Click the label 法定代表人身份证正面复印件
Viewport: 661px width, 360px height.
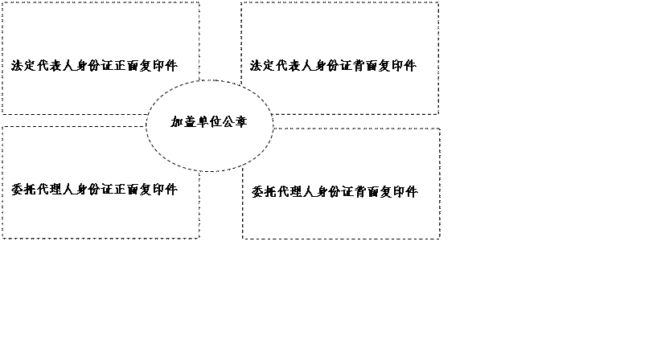(94, 66)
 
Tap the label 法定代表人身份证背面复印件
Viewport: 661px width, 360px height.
(333, 66)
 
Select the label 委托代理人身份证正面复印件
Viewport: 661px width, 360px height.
(94, 190)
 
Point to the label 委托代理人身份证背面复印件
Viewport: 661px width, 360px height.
(335, 192)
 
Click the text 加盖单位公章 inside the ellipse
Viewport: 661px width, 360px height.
(208, 121)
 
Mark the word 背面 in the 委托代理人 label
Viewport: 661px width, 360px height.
(367, 192)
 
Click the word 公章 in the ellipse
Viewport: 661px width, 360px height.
(234, 121)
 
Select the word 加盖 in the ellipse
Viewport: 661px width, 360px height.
(183, 121)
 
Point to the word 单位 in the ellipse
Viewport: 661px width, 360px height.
(208, 121)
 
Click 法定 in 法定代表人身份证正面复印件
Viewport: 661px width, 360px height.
(23, 66)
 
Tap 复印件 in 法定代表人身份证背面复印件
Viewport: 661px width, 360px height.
(397, 66)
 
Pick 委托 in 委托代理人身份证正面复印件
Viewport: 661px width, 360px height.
(23, 190)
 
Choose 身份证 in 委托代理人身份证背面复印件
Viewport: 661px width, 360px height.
(335, 192)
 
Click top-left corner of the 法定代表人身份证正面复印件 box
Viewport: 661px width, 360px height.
(2, 2)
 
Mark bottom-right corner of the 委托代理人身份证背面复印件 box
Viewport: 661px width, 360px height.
(440, 239)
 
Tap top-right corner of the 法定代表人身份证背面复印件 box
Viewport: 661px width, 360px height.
(438, 2)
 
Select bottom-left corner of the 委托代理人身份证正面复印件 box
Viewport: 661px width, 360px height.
(2, 239)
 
